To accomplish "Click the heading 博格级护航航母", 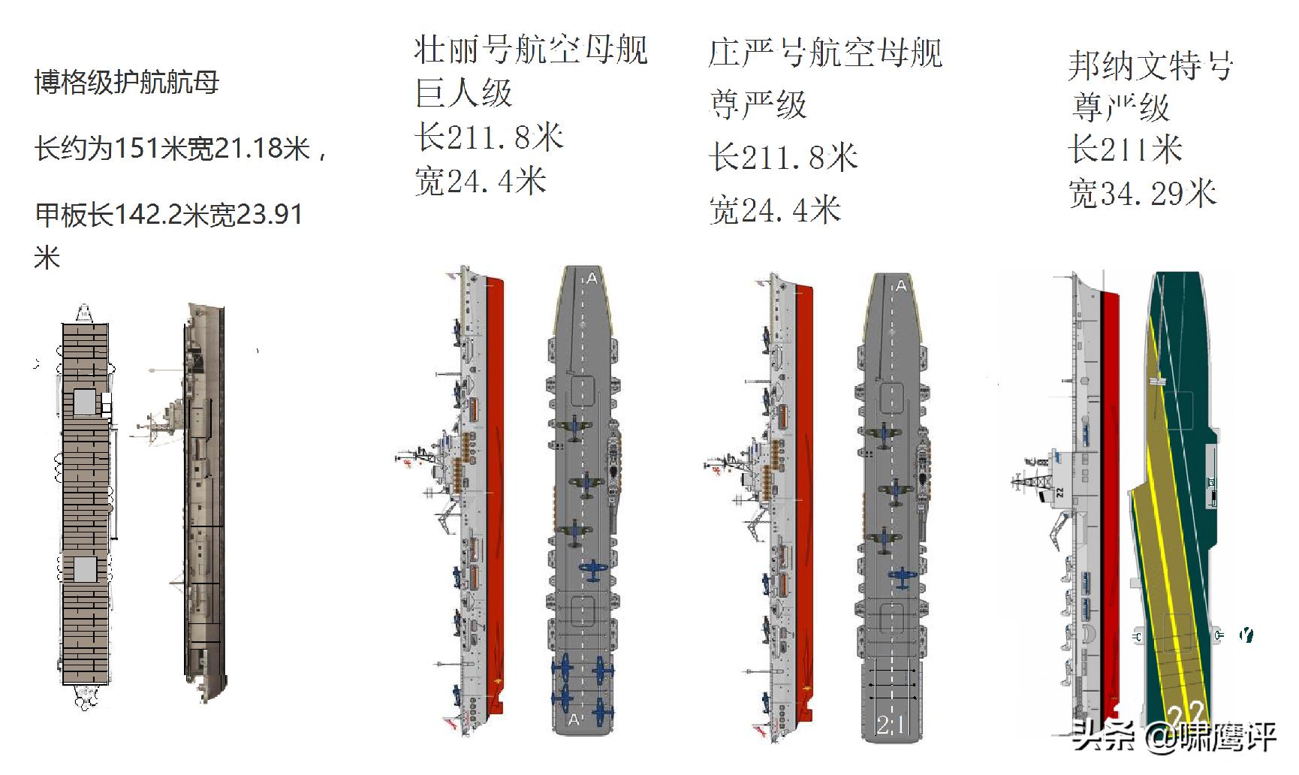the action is point(127,83).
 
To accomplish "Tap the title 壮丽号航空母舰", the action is point(530,50).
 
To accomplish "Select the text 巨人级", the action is point(463,94).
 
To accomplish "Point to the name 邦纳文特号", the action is point(1150,66).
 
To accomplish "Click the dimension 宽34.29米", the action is point(1142,194).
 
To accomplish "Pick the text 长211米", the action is point(1125,149).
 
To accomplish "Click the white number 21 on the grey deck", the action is point(891,724).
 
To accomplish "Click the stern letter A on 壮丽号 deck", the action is point(574,719).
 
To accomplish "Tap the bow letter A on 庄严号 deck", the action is point(901,286).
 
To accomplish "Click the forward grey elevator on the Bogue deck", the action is point(85,402).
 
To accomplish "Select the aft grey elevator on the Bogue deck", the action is point(85,569).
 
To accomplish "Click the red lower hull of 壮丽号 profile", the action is point(496,496).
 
